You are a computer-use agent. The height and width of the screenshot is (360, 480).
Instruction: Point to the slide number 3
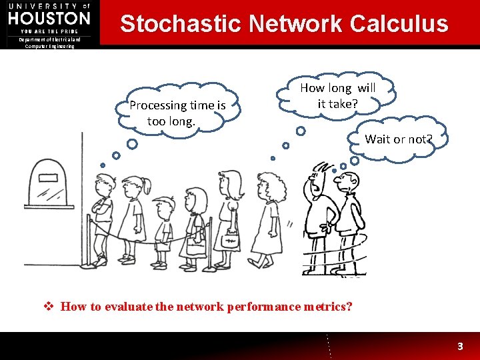click(x=459, y=347)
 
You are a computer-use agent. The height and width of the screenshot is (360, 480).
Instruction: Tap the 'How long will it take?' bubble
click(x=337, y=95)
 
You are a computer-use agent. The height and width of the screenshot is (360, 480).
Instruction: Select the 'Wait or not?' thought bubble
click(x=399, y=139)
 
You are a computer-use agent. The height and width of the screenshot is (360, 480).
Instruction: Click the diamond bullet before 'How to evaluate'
click(x=48, y=307)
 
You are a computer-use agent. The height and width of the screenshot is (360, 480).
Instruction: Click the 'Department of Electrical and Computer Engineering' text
click(x=49, y=43)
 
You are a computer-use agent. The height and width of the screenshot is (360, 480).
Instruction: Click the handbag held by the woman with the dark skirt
click(x=231, y=239)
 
